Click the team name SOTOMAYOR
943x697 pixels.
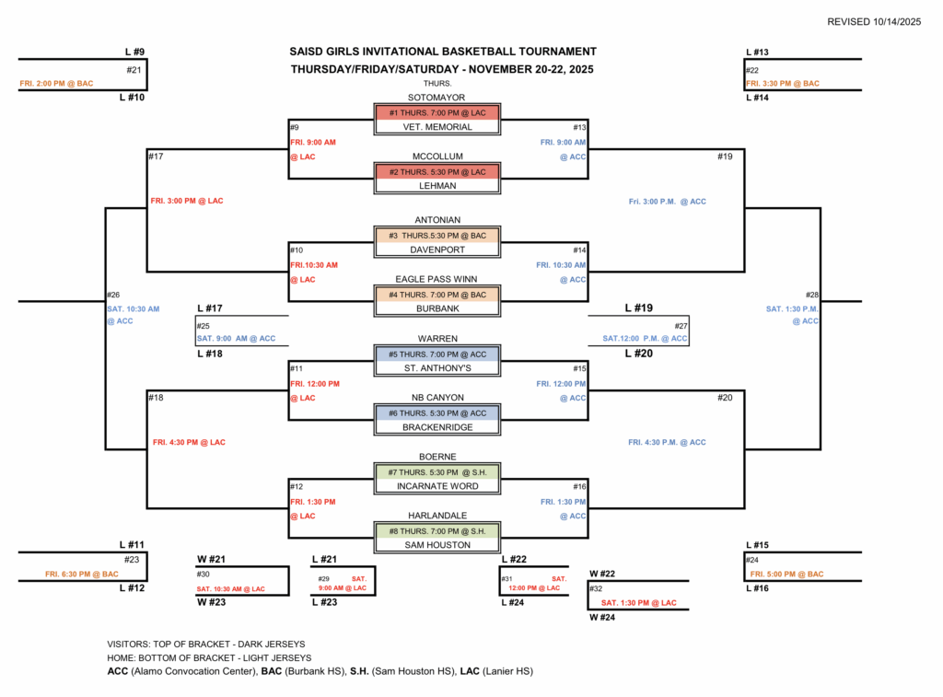[437, 98]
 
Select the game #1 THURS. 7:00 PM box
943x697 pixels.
[437, 112]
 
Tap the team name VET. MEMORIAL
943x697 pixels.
[437, 127]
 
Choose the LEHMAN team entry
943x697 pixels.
[437, 186]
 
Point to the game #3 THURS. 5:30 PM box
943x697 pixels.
[437, 236]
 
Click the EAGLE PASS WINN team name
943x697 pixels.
[437, 280]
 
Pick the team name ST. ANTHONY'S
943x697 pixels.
[437, 368]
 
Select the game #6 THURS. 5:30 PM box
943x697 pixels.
[437, 412]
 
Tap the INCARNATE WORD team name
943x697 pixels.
[437, 486]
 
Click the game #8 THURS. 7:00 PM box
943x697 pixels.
[437, 530]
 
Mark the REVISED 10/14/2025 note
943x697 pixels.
[874, 21]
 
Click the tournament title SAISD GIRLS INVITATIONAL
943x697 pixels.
[443, 52]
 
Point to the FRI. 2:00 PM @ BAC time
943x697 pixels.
[57, 84]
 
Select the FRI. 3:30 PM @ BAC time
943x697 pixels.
[783, 84]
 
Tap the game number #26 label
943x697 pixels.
[113, 296]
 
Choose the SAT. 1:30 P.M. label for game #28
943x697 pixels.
[792, 309]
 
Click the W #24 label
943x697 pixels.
[602, 618]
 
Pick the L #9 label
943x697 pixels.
[134, 52]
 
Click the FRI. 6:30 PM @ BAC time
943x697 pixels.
[82, 575]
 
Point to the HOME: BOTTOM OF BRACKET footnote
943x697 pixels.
[209, 658]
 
